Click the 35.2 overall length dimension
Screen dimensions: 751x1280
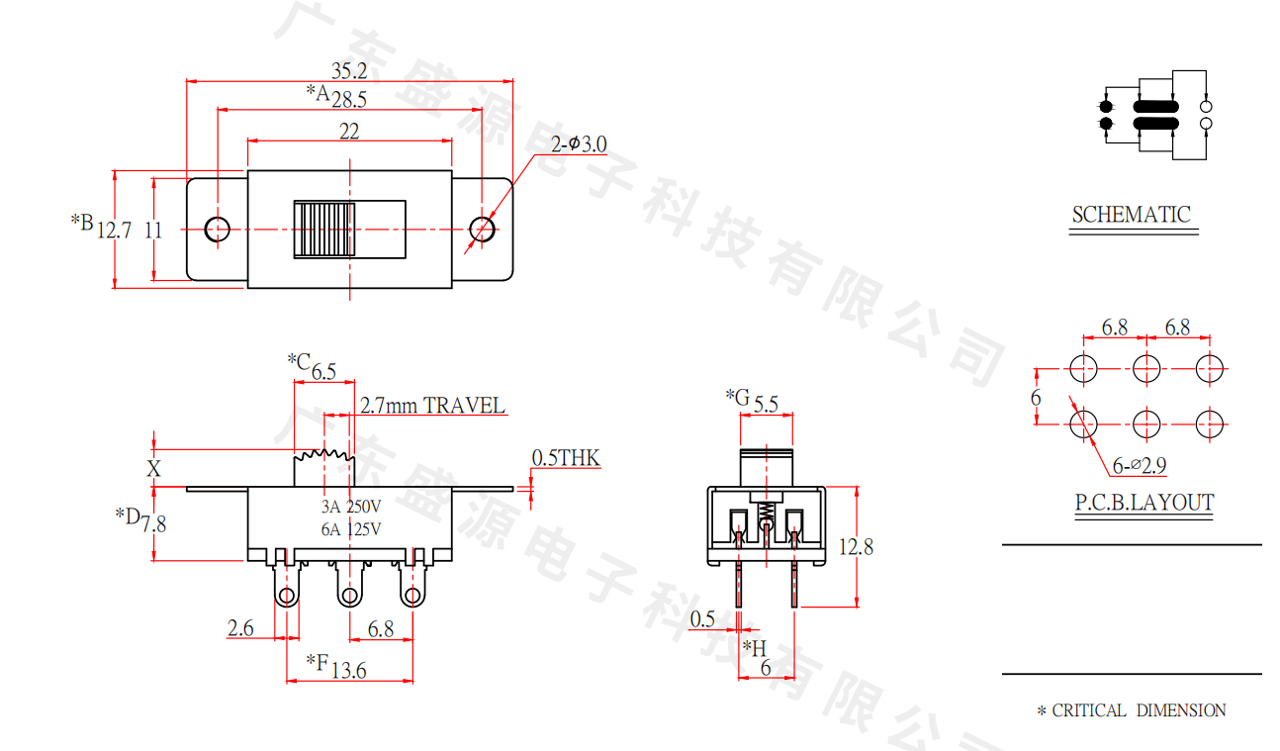click(x=349, y=70)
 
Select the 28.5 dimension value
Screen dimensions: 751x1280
click(x=349, y=99)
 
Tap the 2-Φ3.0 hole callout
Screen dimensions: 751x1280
click(x=580, y=144)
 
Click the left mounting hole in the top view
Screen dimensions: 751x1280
click(x=217, y=229)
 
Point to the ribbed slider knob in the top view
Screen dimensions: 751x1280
click(x=323, y=230)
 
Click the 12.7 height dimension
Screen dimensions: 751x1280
click(x=115, y=231)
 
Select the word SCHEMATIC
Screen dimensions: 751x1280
click(x=1132, y=215)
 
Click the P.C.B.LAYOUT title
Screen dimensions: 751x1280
click(x=1144, y=503)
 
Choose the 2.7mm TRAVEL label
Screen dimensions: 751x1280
click(x=432, y=406)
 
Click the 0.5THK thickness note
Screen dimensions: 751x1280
click(x=566, y=458)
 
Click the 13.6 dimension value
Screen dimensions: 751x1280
click(x=348, y=671)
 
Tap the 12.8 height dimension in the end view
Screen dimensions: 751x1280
click(x=856, y=546)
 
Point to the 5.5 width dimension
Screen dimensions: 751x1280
click(x=766, y=404)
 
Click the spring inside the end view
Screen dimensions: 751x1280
click(x=766, y=514)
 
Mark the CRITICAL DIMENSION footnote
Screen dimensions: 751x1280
click(x=1132, y=710)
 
